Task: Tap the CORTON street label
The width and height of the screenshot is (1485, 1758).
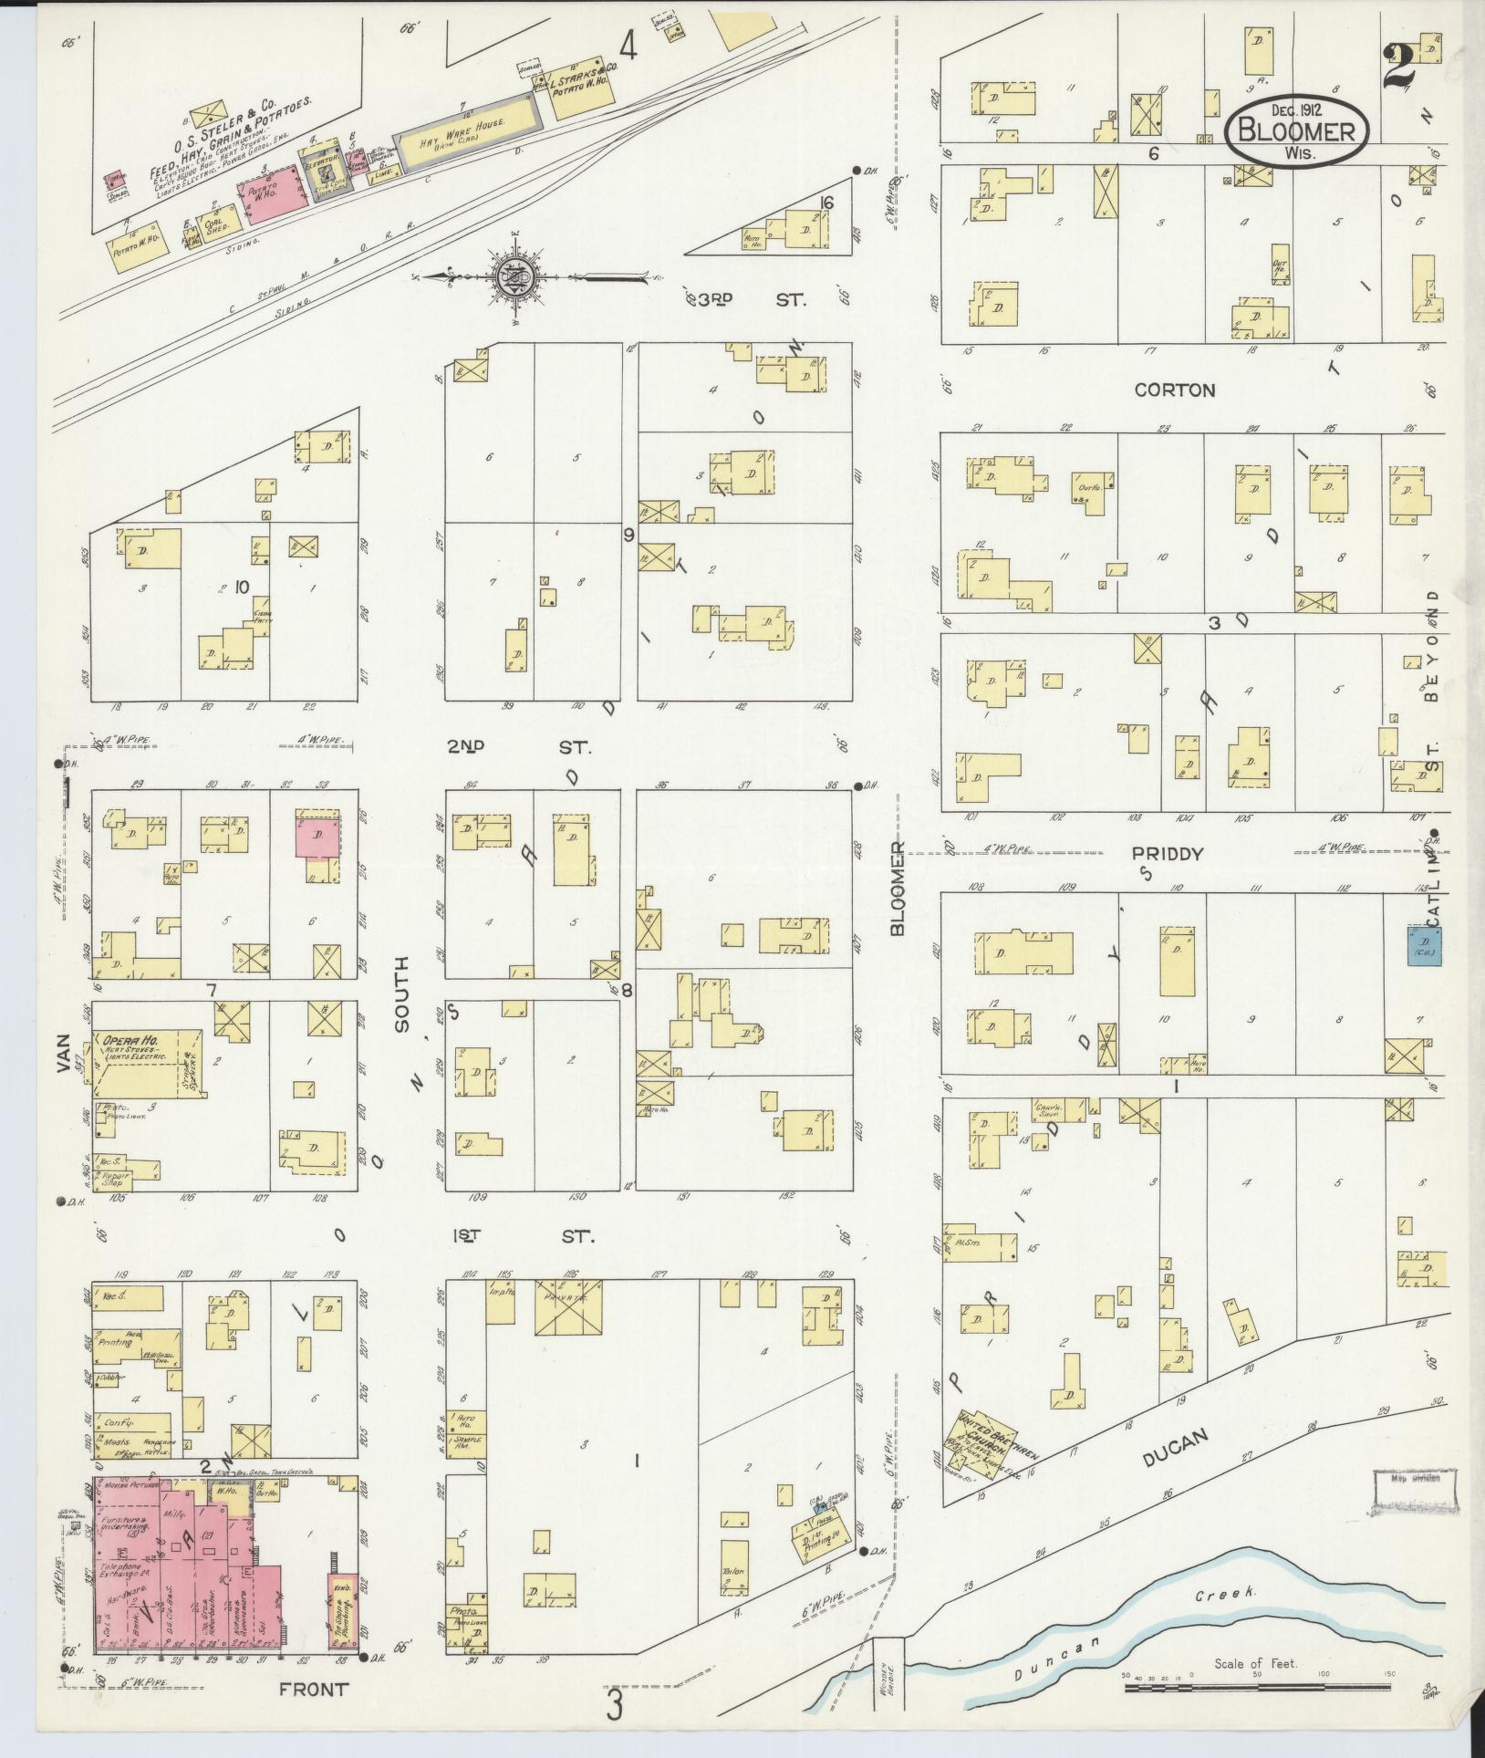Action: [x=1174, y=390]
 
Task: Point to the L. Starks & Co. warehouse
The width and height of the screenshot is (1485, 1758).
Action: [x=582, y=92]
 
